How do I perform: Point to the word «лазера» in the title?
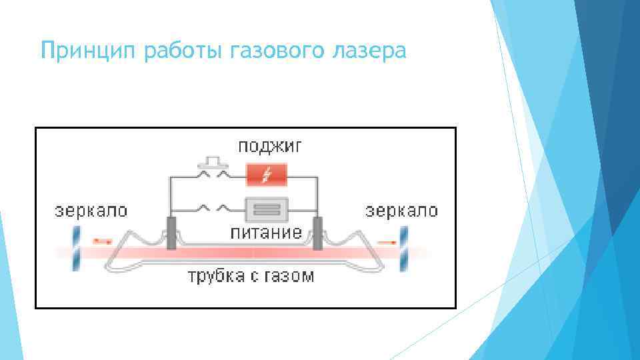(367, 50)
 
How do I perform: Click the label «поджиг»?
(266, 147)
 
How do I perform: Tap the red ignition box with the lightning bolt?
(267, 175)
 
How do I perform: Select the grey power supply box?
(266, 209)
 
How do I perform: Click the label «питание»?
(266, 233)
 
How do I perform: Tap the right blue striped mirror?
(403, 248)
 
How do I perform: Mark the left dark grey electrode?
(171, 233)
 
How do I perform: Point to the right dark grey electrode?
(318, 233)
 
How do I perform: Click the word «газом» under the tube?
(288, 276)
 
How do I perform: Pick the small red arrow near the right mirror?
(385, 241)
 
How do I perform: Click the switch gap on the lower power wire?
(214, 207)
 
